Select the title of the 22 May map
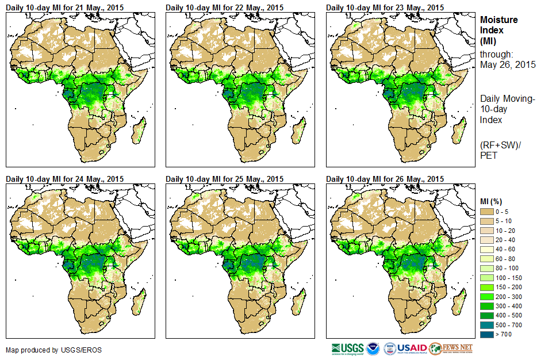click(x=225, y=7)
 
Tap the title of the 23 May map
click(x=385, y=7)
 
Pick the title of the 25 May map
click(x=225, y=179)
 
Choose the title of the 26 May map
click(x=385, y=179)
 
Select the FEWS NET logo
click(x=451, y=348)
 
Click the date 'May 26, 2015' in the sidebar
click(x=508, y=65)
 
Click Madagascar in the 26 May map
click(x=458, y=302)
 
